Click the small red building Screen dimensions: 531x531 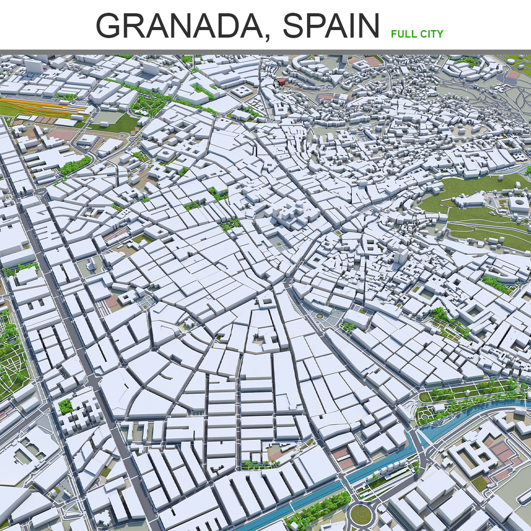point(281,81)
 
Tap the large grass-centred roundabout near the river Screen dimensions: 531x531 point(361,514)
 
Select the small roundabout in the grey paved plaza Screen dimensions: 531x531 point(320,316)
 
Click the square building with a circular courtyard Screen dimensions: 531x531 point(518,205)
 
